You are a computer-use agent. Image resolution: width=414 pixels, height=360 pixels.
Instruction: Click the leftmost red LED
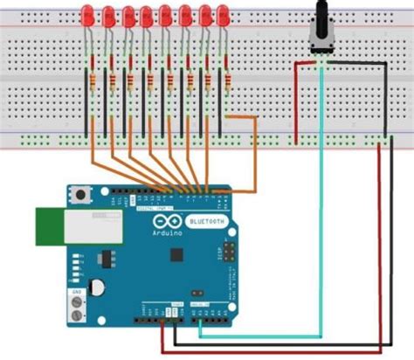click(87, 15)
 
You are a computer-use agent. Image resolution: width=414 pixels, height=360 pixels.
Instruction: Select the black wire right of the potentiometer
click(385, 96)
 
